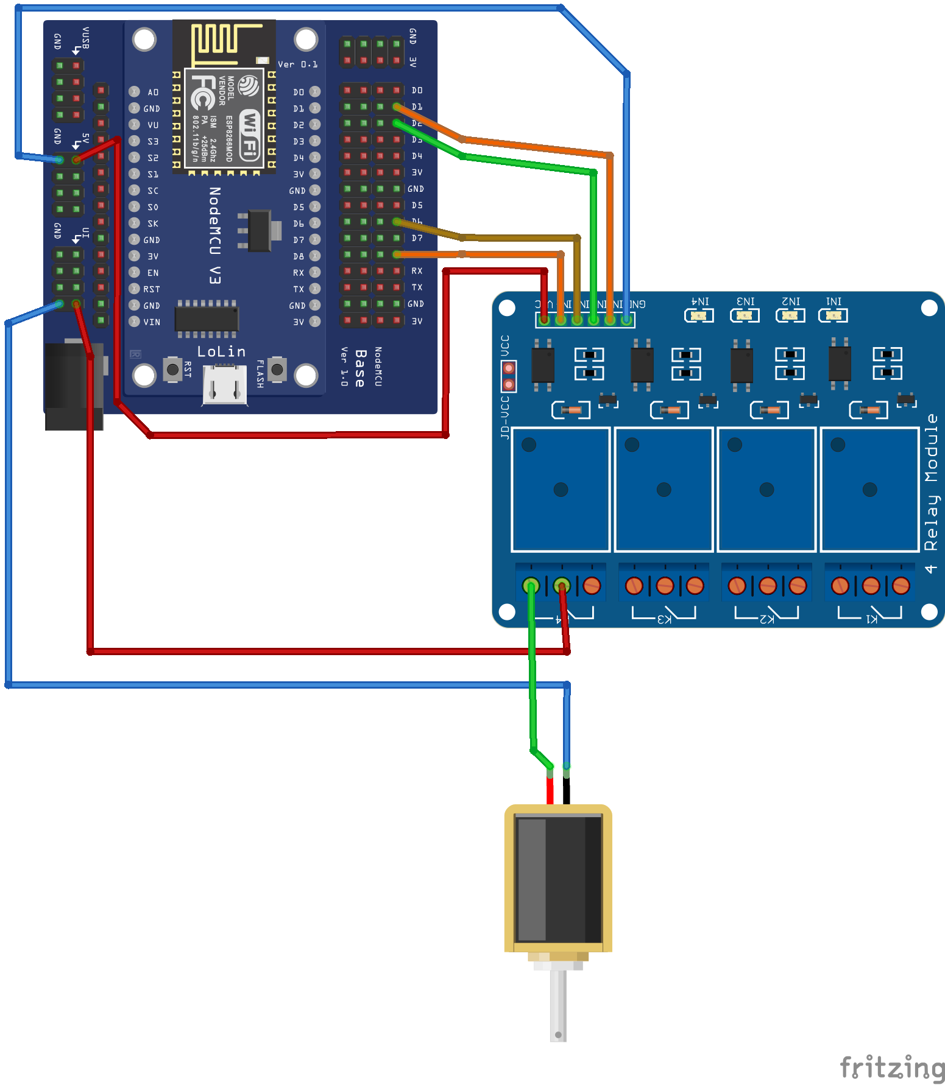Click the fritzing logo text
click(892, 1067)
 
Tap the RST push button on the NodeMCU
click(173, 369)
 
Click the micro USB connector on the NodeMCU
click(225, 384)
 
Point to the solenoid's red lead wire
click(550, 790)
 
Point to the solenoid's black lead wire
click(567, 790)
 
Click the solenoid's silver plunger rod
click(558, 1005)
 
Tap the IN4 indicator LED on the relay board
click(699, 315)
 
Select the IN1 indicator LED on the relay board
click(833, 315)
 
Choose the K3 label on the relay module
click(664, 619)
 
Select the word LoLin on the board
click(221, 352)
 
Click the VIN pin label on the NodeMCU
click(152, 322)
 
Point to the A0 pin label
click(153, 93)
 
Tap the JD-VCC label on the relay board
click(504, 417)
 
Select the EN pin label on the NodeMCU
click(153, 273)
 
